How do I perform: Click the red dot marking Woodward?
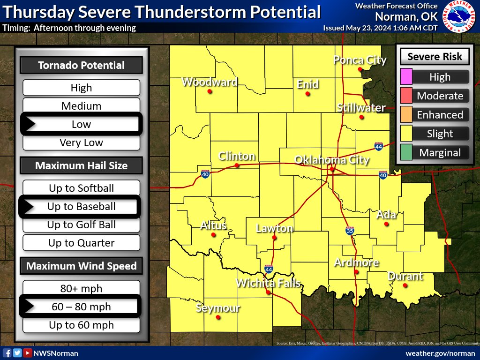210,91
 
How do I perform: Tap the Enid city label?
307,84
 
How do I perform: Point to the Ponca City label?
360,60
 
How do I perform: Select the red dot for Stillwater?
361,117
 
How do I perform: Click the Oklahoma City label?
331,160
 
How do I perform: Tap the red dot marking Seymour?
218,317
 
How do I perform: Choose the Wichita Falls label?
268,283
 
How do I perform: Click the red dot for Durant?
405,285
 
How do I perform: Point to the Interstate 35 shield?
350,231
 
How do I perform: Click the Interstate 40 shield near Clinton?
205,174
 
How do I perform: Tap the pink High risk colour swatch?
406,77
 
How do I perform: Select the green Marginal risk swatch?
406,152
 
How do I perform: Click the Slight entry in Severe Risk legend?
440,134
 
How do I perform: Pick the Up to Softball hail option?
82,188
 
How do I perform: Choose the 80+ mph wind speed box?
82,288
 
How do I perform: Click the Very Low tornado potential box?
82,142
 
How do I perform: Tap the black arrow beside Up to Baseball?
29,206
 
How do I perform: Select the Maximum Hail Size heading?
81,165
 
